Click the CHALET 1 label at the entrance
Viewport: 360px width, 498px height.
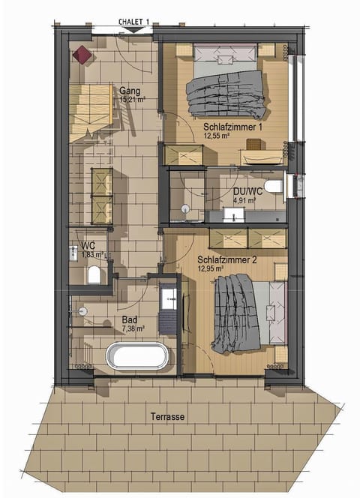[x=135, y=22]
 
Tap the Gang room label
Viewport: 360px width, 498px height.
[x=130, y=90]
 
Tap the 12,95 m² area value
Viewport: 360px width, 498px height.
[x=213, y=268]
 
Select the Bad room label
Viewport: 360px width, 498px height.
[x=129, y=319]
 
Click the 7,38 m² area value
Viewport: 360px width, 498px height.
[x=133, y=328]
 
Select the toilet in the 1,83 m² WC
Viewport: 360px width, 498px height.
[x=94, y=275]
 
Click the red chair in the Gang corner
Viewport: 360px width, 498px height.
[x=82, y=54]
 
